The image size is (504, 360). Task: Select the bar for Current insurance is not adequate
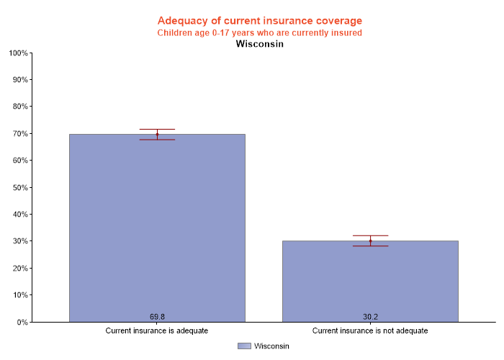pyautogui.click(x=370, y=281)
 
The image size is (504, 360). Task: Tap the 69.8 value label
pyautogui.click(x=157, y=317)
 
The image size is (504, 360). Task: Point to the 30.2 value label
pyautogui.click(x=370, y=317)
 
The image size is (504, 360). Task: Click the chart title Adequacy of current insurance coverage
pyautogui.click(x=259, y=20)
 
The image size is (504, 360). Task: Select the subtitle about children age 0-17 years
pyautogui.click(x=259, y=32)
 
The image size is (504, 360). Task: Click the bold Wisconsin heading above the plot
pyautogui.click(x=259, y=44)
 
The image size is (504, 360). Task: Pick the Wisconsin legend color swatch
pyautogui.click(x=244, y=346)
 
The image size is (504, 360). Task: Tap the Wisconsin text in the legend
pyautogui.click(x=271, y=346)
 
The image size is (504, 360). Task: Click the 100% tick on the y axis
pyautogui.click(x=18, y=53)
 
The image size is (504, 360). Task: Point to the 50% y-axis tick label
pyautogui.click(x=19, y=187)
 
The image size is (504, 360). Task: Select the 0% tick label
pyautogui.click(x=22, y=322)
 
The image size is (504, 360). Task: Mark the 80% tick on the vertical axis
pyautogui.click(x=19, y=107)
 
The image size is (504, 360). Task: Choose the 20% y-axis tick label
pyautogui.click(x=19, y=268)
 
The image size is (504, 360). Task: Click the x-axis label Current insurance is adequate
pyautogui.click(x=157, y=331)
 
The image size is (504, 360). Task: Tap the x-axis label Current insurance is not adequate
pyautogui.click(x=370, y=331)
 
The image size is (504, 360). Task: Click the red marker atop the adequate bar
pyautogui.click(x=157, y=134)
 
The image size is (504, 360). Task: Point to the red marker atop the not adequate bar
pyautogui.click(x=370, y=240)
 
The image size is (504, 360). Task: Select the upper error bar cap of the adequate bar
pyautogui.click(x=157, y=129)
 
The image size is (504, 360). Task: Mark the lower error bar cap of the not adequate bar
pyautogui.click(x=370, y=246)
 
